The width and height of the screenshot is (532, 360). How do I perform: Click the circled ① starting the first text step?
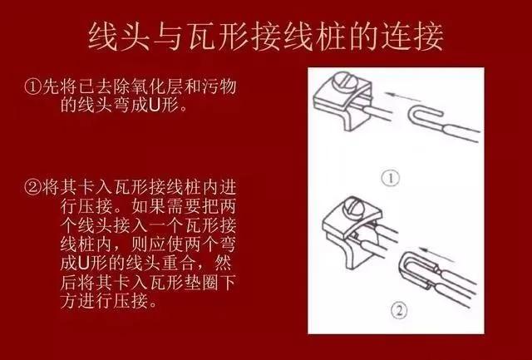click(32, 86)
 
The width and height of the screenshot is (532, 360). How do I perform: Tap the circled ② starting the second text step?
click(32, 187)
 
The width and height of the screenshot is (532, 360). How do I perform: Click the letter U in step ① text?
click(154, 106)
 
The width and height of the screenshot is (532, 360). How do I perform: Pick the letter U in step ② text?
click(83, 263)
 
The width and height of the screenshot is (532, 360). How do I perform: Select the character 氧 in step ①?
click(140, 86)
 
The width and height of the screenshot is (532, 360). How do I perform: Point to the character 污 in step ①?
click(210, 86)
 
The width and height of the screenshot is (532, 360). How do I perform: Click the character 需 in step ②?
click(157, 205)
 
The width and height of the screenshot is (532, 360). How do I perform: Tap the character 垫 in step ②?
click(193, 283)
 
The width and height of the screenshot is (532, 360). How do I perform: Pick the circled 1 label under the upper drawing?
click(391, 179)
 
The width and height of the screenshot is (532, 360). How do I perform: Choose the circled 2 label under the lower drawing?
click(399, 310)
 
